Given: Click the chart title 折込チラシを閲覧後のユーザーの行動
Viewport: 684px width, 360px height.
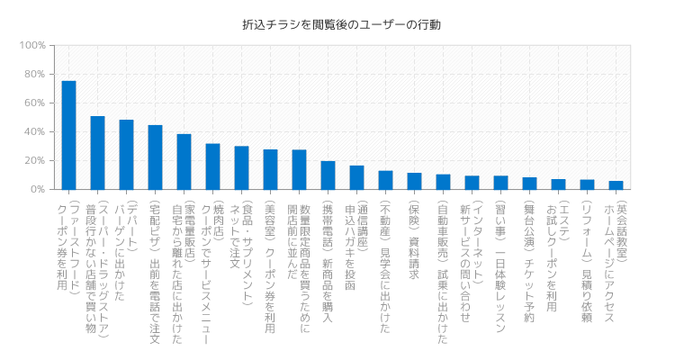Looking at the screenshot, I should point(342,25).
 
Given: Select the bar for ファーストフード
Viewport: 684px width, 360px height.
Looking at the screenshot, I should point(68,135).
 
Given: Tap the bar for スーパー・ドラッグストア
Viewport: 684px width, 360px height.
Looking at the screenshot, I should point(97,153).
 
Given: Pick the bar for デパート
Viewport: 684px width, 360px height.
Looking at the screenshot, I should point(126,155).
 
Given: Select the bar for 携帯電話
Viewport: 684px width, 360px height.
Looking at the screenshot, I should point(328,175).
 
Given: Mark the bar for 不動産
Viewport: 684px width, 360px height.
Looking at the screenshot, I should point(385,180).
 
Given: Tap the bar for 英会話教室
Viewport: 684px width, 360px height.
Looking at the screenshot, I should point(616,185).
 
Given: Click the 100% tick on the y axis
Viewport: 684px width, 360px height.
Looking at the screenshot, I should point(32,45).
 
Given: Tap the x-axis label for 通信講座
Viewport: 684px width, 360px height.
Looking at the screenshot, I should point(355,243).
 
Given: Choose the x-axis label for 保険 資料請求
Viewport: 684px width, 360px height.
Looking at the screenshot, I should point(413,238).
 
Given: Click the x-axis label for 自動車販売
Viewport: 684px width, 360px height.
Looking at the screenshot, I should point(442,270).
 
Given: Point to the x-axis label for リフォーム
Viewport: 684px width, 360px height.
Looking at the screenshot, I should point(586,256).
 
